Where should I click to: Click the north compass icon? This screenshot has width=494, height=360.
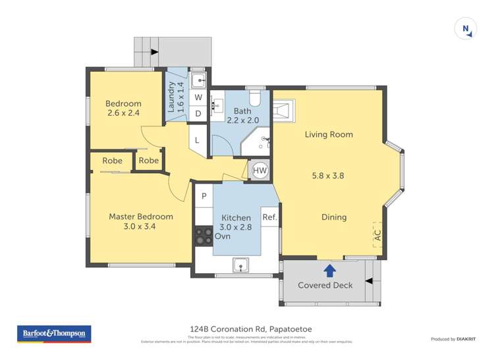tap(466, 29)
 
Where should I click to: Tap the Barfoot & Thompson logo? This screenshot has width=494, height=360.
tap(54, 334)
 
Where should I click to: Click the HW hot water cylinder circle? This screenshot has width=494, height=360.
tap(260, 170)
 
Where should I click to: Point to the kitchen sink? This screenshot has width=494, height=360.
tap(241, 265)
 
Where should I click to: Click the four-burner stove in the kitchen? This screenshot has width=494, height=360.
tap(204, 236)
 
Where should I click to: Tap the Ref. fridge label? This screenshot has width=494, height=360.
tap(269, 217)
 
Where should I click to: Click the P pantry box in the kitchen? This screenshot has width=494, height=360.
tap(204, 196)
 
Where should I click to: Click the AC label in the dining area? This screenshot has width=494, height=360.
tap(377, 235)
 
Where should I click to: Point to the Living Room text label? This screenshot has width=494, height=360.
tap(329, 134)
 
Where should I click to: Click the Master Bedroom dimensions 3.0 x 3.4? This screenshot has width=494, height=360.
tap(141, 226)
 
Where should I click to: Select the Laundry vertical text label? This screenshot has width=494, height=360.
tap(172, 98)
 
